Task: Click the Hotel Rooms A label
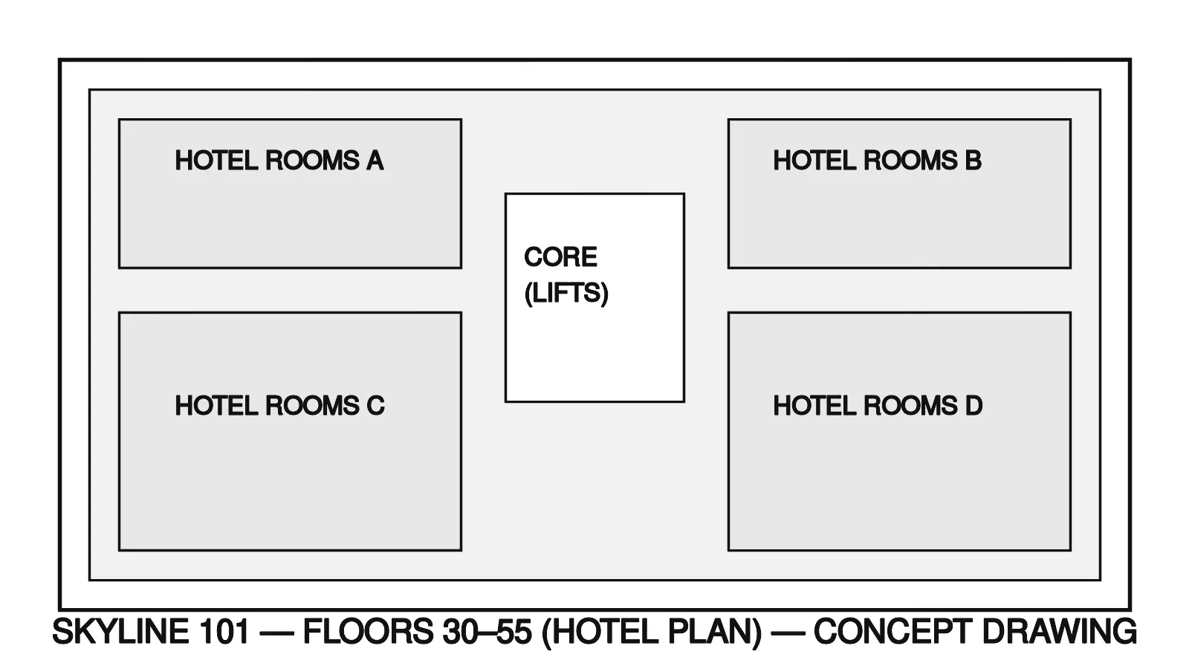coord(279,161)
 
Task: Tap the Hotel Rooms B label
coord(877,161)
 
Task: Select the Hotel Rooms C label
coord(279,406)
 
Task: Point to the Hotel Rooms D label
coord(878,406)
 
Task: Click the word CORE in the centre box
coord(560,257)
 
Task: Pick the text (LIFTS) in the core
coord(566,294)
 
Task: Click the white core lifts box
coord(594,349)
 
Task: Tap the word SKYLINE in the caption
coord(121,632)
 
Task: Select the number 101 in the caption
coord(224,632)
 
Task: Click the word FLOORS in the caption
coord(368,632)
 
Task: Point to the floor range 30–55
coord(487,632)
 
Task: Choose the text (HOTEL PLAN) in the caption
coord(652,632)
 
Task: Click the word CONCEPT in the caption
coord(892,632)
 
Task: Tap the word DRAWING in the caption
coord(1059,632)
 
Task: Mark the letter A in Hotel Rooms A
coord(375,161)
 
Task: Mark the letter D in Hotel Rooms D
coord(973,406)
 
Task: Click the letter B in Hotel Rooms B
coord(973,161)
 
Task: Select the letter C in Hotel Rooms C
coord(375,406)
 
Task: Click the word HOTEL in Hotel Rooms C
coord(216,406)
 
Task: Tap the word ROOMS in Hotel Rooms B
coord(910,161)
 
